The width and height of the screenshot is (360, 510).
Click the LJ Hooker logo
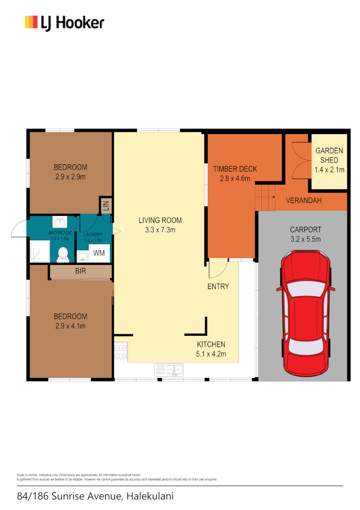[64, 23]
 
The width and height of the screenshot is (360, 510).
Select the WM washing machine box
[99, 253]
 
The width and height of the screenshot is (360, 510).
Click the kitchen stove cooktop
[121, 352]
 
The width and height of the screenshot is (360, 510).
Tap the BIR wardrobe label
[80, 272]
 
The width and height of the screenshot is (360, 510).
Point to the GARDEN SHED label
[329, 155]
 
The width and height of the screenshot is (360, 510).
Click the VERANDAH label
[304, 200]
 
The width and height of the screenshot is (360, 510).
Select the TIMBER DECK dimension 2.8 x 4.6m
[234, 178]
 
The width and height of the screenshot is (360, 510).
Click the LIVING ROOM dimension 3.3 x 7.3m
[160, 230]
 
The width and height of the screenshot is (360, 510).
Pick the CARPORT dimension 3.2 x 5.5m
[305, 239]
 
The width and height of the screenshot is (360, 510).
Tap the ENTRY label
[218, 286]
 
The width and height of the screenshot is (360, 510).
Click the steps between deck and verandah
[265, 198]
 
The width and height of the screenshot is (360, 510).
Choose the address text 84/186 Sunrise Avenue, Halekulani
[95, 496]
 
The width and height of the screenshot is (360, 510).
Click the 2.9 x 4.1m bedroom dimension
[70, 326]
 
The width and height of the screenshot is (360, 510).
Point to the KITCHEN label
[211, 344]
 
